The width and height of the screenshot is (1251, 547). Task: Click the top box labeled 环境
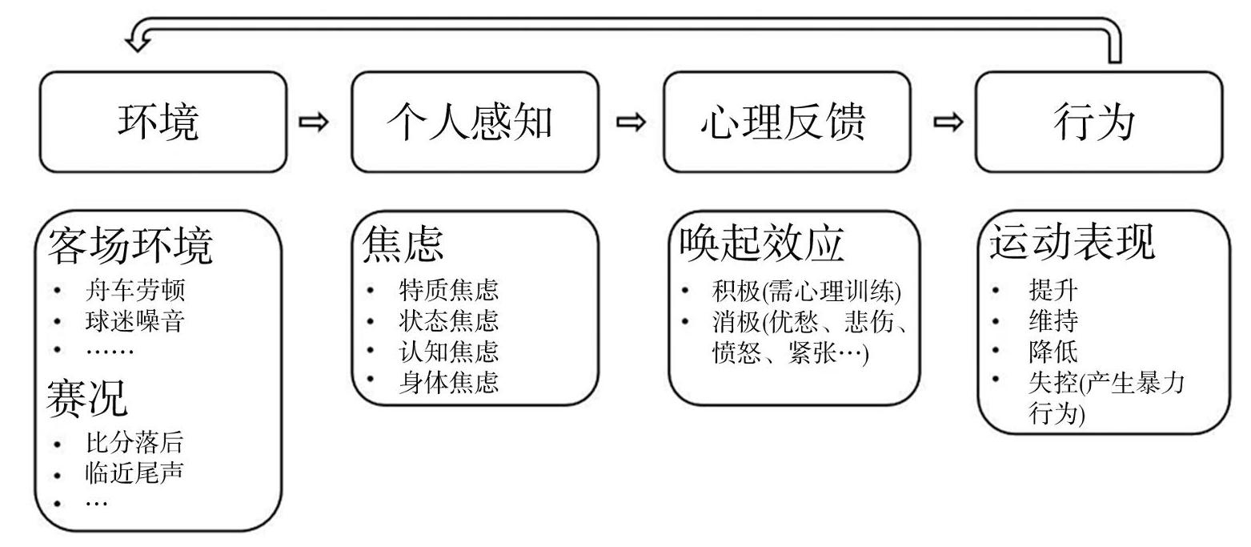163,122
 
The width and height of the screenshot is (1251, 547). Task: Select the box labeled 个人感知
475,122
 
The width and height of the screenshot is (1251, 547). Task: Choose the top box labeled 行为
1100,122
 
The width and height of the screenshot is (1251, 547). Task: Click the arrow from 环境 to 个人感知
314,122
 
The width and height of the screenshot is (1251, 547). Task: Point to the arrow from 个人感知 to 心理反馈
631,122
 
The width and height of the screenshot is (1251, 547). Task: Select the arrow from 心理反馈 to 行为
948,122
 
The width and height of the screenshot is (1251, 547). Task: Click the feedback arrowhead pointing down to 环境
138,42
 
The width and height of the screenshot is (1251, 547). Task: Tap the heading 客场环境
130,245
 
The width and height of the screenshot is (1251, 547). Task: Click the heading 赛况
87,398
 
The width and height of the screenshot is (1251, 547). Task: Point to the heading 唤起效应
762,243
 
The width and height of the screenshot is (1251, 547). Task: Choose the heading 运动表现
1073,243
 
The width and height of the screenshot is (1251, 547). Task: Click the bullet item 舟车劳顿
135,290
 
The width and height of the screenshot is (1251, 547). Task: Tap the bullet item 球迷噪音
135,320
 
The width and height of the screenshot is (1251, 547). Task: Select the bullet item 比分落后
134,443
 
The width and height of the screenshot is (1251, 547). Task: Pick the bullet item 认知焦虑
449,352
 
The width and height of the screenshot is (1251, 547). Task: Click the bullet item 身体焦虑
449,382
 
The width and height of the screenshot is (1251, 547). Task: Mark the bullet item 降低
1053,352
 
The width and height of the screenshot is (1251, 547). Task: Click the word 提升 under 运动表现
1053,290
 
